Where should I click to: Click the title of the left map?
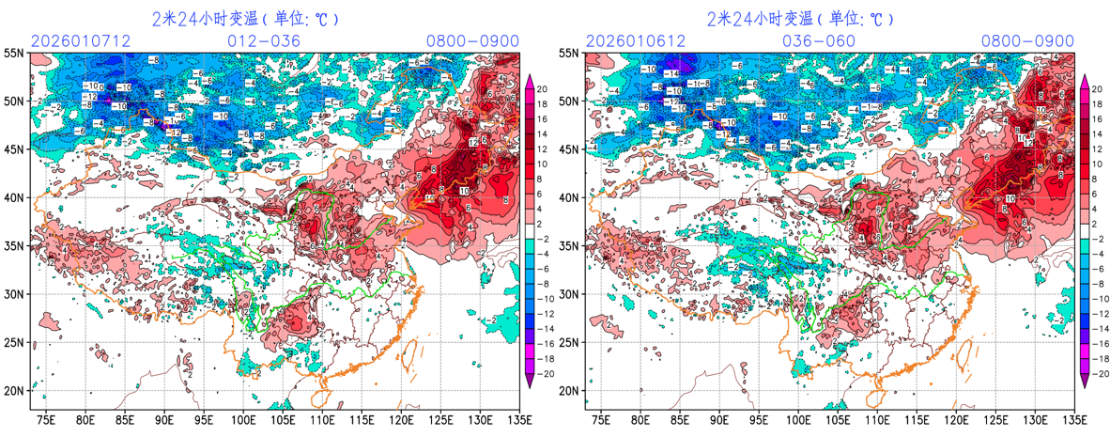pos(246,18)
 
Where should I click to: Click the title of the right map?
pos(801,18)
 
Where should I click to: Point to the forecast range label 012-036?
pos(264,40)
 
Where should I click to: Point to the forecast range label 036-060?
pos(819,40)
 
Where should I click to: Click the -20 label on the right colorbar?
pos(1099,373)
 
